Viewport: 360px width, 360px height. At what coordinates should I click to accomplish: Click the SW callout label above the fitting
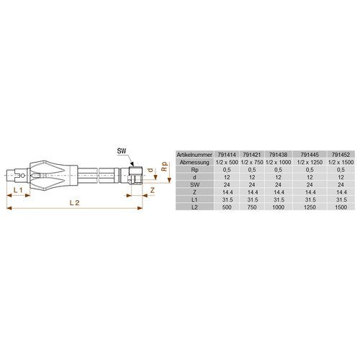pyautogui.click(x=122, y=151)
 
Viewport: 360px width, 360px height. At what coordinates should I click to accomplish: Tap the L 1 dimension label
pyautogui.click(x=18, y=190)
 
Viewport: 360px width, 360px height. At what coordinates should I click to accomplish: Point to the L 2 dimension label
pyautogui.click(x=74, y=203)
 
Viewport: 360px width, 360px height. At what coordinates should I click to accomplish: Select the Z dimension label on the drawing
pyautogui.click(x=153, y=190)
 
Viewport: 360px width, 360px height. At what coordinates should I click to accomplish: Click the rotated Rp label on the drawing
pyautogui.click(x=164, y=166)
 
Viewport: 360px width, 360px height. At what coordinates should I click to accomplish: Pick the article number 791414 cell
pyautogui.click(x=227, y=155)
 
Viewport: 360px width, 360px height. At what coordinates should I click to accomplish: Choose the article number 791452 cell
pyautogui.click(x=341, y=155)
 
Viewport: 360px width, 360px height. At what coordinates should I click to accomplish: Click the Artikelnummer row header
pyautogui.click(x=194, y=155)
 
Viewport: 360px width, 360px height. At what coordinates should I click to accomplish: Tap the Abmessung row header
pyautogui.click(x=194, y=162)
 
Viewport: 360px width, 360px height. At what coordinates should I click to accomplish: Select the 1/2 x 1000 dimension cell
pyautogui.click(x=278, y=162)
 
